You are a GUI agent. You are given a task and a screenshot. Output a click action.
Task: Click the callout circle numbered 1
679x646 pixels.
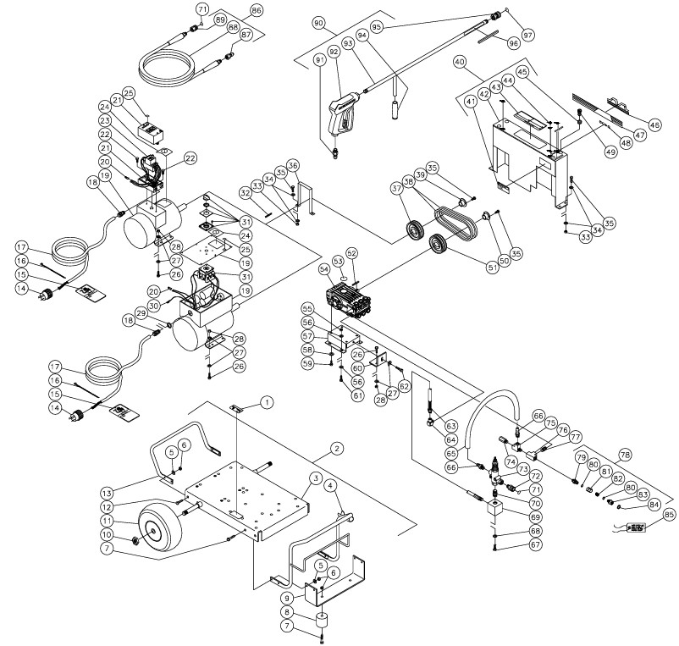pyautogui.click(x=268, y=403)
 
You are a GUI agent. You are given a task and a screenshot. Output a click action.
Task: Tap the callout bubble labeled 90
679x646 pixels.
pyautogui.click(x=318, y=21)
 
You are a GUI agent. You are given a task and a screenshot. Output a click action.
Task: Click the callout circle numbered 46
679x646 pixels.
pyautogui.click(x=654, y=124)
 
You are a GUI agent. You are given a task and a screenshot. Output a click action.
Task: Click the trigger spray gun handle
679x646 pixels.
pyautogui.click(x=339, y=119)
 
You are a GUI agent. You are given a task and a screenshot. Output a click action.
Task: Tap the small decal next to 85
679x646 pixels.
pyautogui.click(x=633, y=527)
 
